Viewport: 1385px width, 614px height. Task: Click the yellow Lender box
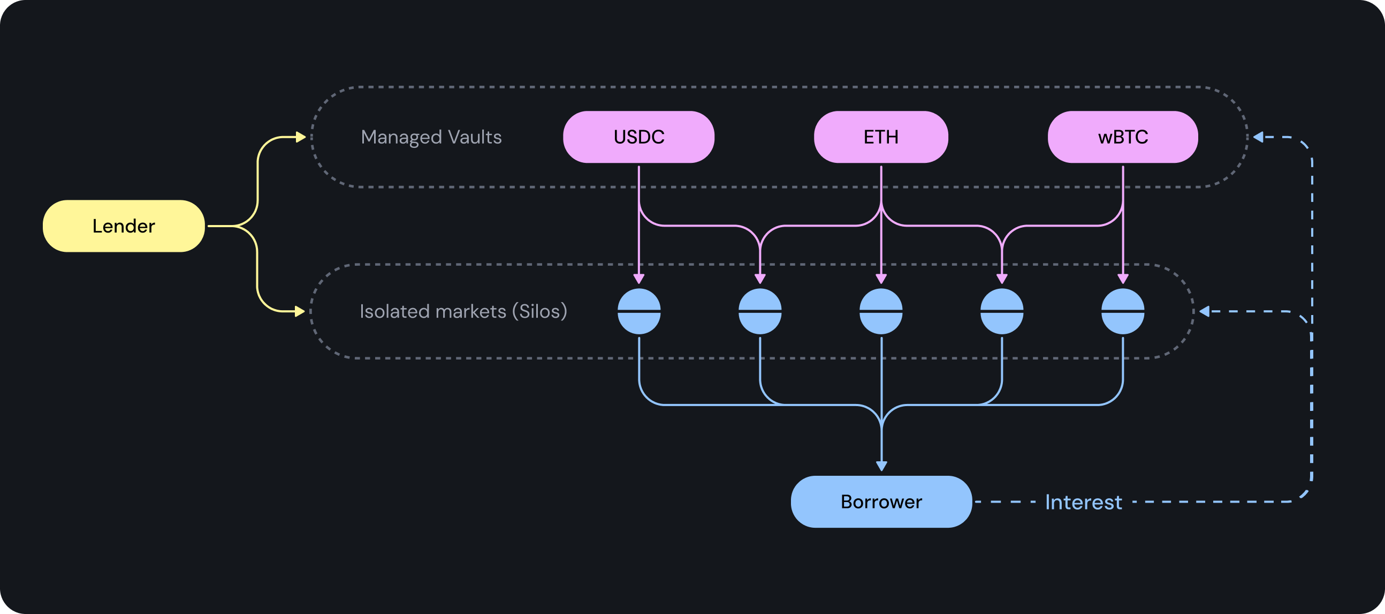tap(124, 226)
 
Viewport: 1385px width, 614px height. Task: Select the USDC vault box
tap(639, 137)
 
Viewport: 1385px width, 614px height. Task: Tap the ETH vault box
tap(881, 137)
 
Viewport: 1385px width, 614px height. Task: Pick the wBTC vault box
tap(1123, 137)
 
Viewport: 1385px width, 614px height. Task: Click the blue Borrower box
tap(881, 501)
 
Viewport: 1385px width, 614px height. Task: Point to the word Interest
tap(1083, 502)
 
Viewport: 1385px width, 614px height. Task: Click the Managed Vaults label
tap(431, 137)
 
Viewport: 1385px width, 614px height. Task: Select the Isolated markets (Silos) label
tap(463, 311)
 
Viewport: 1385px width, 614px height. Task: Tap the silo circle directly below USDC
tap(639, 311)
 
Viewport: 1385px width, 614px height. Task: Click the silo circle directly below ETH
tap(881, 311)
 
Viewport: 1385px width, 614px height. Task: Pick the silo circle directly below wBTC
tap(1123, 311)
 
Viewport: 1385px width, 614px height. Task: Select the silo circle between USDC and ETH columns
tap(760, 311)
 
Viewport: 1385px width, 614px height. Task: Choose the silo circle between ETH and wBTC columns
tap(1002, 311)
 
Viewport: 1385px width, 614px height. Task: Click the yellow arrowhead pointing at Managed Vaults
tap(301, 137)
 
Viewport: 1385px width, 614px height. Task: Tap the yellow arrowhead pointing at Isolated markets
tap(300, 311)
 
